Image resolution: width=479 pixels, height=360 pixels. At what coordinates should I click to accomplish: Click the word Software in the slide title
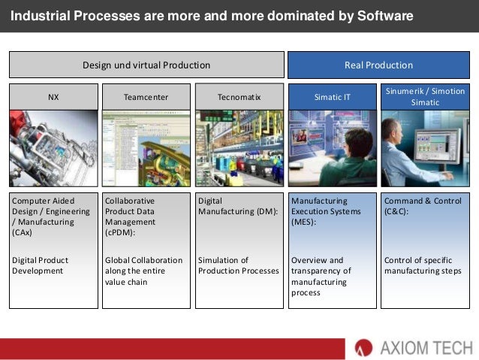381,15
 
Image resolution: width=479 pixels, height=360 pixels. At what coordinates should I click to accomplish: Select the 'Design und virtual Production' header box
146,65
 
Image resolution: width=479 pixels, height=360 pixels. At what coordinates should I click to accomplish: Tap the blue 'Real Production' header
378,65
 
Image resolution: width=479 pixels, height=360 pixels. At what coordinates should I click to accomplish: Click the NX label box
53,96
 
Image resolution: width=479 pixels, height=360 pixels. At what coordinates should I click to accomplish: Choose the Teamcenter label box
146,96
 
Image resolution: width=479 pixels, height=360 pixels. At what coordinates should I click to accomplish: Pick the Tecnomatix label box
239,96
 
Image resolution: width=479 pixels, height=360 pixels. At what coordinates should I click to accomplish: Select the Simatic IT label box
332,96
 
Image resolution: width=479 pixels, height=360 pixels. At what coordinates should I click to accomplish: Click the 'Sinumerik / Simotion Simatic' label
425,96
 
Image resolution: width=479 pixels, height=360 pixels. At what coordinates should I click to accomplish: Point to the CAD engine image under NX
53,148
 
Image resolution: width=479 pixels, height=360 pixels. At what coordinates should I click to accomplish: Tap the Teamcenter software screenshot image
146,148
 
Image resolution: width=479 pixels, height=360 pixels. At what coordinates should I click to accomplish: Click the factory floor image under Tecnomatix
239,148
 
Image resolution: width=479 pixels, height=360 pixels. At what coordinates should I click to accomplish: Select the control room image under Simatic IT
332,148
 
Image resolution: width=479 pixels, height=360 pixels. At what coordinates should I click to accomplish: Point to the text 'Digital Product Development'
41,265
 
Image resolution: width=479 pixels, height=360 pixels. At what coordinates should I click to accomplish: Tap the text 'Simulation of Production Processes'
238,265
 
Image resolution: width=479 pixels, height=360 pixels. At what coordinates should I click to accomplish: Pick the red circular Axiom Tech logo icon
363,347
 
